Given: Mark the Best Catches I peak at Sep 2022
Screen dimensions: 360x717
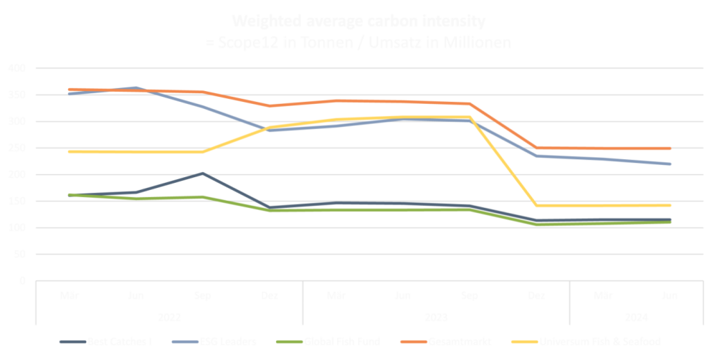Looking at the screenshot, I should point(203,174).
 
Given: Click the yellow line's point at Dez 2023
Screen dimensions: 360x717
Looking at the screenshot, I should point(536,206).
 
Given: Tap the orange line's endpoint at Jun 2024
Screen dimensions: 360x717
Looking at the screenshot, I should point(670,148).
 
